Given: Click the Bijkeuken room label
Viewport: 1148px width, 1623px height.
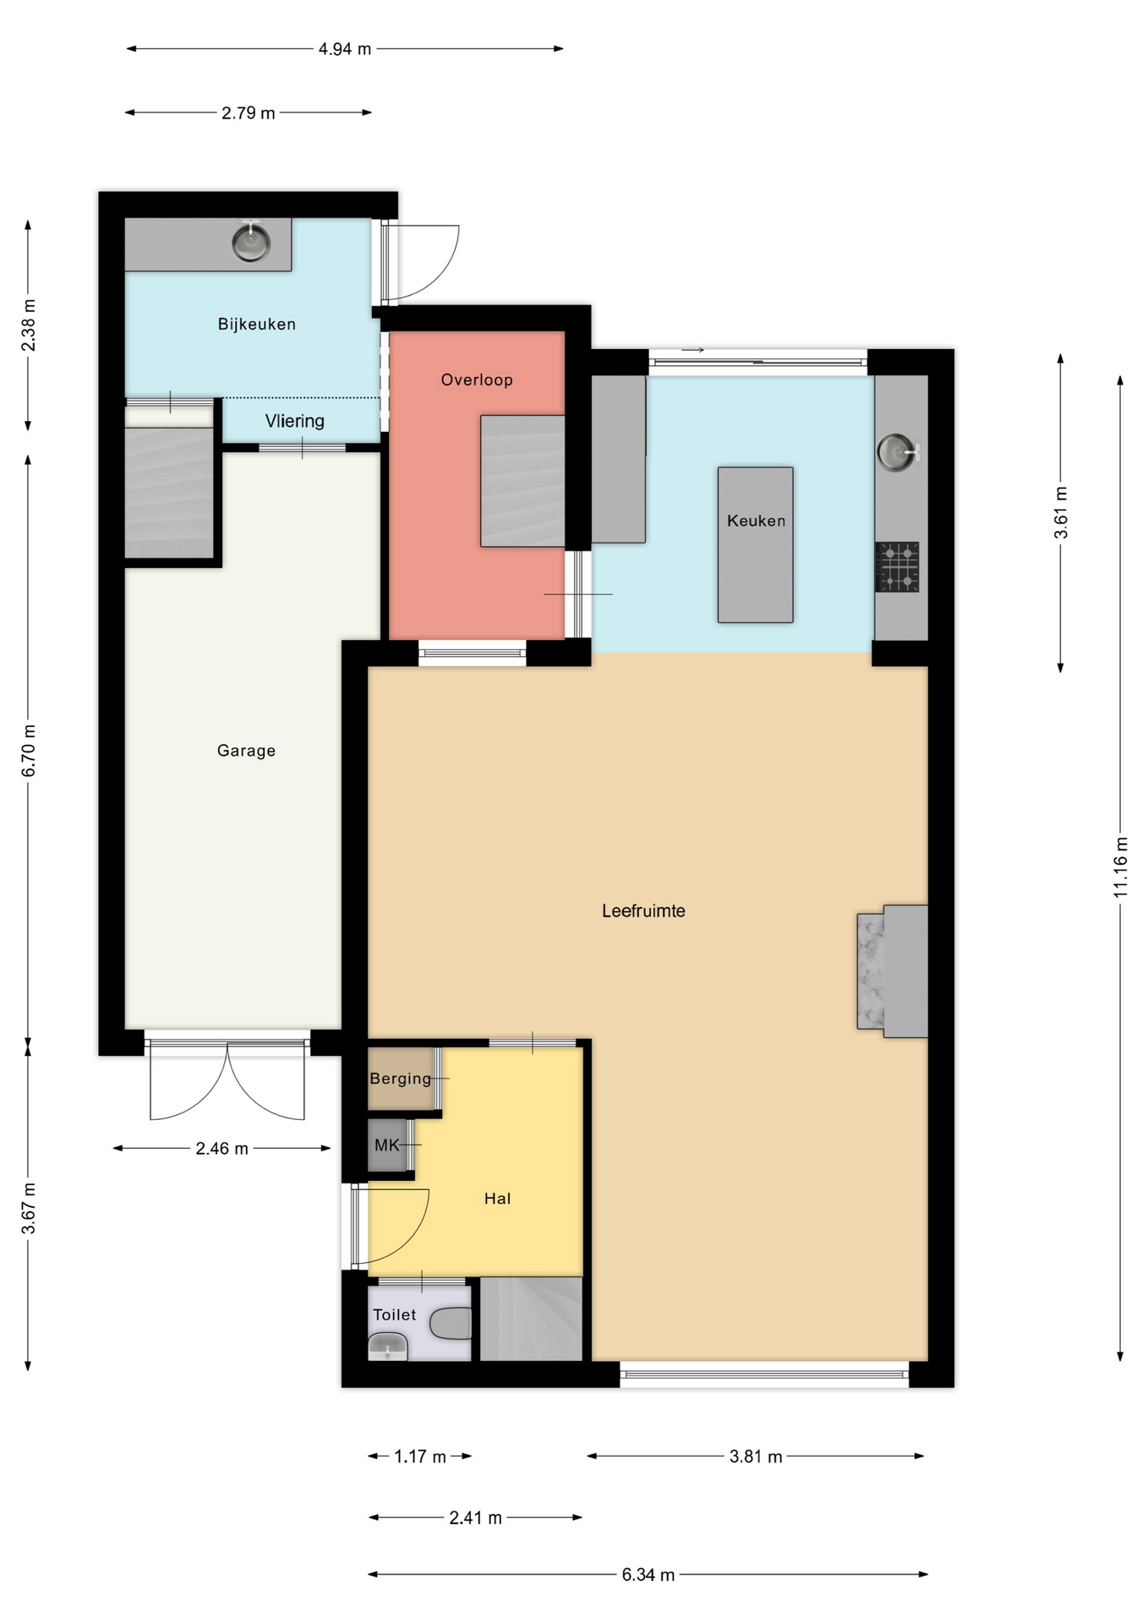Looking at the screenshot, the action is coord(256,324).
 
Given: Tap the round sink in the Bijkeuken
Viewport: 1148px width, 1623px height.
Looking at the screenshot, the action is coord(251,243).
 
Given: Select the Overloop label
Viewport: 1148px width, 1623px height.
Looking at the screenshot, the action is coord(477,380).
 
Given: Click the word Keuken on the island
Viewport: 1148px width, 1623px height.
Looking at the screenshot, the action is coord(756,521).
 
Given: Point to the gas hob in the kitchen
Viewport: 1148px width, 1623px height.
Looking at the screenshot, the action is coord(897,566).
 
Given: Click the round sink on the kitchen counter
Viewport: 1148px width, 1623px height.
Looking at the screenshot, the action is coord(897,451).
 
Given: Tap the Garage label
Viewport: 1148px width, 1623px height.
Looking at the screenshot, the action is coord(246,750).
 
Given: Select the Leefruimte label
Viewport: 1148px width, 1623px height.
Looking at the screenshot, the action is coord(643,910).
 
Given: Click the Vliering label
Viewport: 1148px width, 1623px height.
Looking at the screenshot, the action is coord(294,420).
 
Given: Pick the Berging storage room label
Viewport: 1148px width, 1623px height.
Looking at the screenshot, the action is coord(401,1078).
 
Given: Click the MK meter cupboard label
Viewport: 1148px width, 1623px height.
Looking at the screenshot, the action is coord(386,1145).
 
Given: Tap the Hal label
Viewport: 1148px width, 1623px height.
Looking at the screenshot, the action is coord(497,1198).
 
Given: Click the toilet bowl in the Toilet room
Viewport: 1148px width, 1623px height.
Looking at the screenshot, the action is coord(451,1323).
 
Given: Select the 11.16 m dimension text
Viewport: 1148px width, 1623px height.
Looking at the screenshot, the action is coord(1120,866).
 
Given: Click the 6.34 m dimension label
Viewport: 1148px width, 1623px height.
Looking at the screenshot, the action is coord(648,1574).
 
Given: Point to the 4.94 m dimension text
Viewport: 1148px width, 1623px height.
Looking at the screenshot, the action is coord(345,49).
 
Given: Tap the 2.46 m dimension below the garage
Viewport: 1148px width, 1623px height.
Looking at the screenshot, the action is coord(221,1148).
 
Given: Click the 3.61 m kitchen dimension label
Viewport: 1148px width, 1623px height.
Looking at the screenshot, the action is coord(1061,512).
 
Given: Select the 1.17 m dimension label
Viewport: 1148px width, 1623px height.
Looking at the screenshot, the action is coord(420,1456).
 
